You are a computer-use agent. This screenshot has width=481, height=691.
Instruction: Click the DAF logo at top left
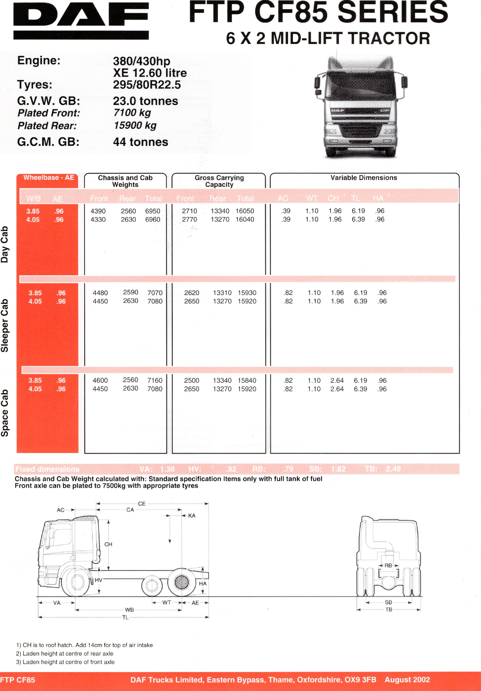point(81,20)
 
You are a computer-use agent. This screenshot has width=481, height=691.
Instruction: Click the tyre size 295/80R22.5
point(147,85)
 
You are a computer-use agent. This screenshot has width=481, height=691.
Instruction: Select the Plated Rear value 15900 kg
point(135,125)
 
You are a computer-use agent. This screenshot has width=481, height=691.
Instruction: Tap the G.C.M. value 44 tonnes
point(140,142)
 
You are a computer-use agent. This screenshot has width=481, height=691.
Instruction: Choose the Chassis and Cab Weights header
point(125,181)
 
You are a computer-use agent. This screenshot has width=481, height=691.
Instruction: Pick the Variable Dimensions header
point(363,178)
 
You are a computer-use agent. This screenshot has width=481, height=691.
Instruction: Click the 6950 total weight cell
point(153,211)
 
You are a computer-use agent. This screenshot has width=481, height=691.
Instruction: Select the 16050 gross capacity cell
point(245,211)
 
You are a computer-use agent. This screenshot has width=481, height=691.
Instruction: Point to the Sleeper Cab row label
point(5,325)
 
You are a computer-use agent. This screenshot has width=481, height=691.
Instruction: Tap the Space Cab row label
point(5,413)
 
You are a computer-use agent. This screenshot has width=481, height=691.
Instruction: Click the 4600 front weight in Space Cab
point(100,381)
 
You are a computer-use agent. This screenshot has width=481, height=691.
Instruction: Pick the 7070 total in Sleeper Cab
point(155,293)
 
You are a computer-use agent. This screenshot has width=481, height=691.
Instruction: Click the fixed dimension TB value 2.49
point(393,469)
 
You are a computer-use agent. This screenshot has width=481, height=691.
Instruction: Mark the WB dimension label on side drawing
point(129,610)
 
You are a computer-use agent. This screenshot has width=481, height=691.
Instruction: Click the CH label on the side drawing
point(108,544)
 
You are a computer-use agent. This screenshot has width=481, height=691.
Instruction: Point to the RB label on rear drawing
point(388,566)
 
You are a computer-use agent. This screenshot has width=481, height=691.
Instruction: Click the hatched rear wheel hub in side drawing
point(182,582)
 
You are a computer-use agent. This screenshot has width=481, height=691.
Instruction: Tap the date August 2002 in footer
point(407,680)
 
